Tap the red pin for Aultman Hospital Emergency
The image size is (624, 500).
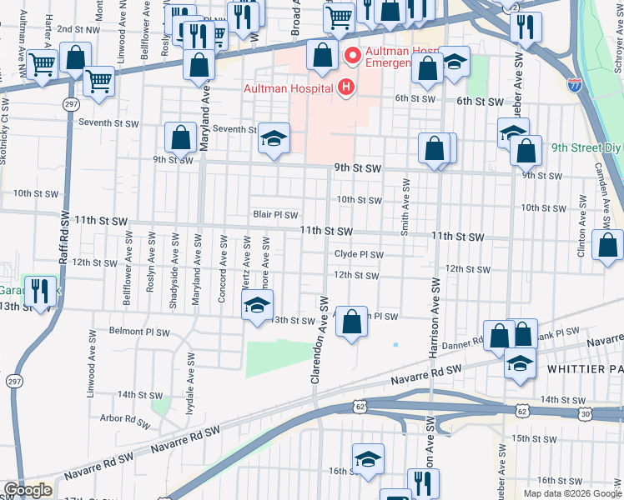[x=352, y=56]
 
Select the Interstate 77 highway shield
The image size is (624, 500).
[x=574, y=85]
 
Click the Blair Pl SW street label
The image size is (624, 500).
[x=275, y=215]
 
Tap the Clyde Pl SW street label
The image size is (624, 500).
[x=359, y=255]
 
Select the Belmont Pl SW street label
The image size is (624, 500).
[x=139, y=332]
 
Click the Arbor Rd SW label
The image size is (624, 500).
[x=123, y=418]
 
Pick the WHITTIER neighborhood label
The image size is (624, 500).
[x=584, y=367]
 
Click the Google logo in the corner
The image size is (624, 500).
[x=28, y=490]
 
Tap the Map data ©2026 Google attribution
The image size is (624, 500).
[x=572, y=492]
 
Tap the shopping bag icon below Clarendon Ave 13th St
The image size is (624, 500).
[x=352, y=321]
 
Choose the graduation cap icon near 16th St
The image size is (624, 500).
[x=367, y=459]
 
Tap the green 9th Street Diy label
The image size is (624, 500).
[x=586, y=148]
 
